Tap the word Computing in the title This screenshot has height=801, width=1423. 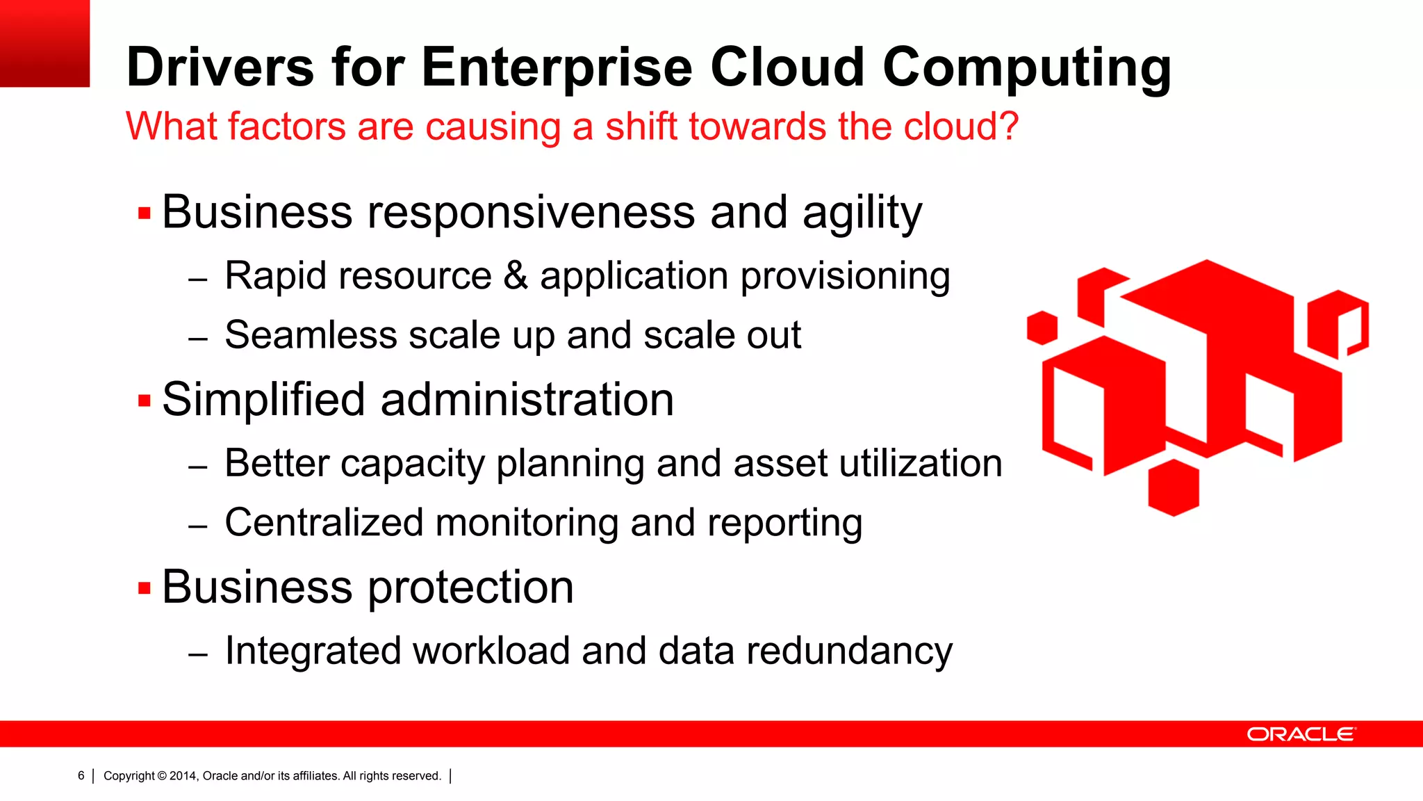1026,68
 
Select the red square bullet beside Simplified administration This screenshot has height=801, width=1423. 145,401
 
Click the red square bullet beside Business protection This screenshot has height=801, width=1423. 145,589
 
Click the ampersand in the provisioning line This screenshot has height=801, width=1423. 516,275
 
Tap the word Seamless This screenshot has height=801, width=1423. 311,335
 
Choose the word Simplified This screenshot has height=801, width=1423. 263,400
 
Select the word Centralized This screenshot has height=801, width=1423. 324,523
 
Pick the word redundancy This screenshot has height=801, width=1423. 849,652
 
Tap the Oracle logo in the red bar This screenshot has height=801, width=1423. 1301,734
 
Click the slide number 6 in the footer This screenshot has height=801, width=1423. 81,775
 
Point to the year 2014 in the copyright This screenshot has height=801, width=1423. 183,776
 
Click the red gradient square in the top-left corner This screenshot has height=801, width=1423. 44,43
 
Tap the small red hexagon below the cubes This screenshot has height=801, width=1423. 1174,487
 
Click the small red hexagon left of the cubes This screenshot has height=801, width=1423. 1042,327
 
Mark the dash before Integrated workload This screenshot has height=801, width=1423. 198,654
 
